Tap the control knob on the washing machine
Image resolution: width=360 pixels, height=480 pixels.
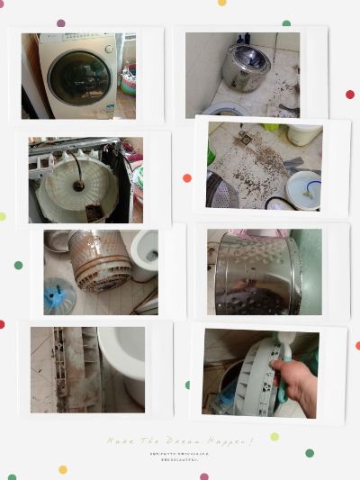(109, 49)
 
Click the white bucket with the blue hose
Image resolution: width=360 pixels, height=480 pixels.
(303, 188)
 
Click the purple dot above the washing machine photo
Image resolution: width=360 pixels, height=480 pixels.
(61, 23)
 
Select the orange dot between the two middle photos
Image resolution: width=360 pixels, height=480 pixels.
(187, 177)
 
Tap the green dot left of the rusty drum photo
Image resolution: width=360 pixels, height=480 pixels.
(18, 265)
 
